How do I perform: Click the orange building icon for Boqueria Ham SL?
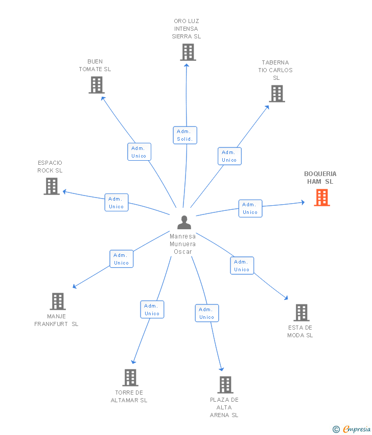[322, 198]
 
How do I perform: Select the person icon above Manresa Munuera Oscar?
[184, 222]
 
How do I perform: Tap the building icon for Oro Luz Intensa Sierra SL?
[188, 52]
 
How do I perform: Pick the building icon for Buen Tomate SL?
[97, 85]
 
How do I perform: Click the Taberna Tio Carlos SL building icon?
[277, 94]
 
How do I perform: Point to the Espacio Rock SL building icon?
[52, 186]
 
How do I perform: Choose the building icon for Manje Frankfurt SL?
[58, 301]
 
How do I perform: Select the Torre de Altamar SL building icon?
[130, 378]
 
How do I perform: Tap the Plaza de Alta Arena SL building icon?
[225, 385]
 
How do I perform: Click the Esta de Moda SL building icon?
[301, 313]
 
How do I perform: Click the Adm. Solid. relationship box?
[185, 135]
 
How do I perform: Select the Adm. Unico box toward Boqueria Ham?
[250, 208]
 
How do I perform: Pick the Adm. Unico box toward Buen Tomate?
[139, 152]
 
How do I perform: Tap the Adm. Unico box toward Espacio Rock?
[117, 203]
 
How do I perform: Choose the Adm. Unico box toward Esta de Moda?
[242, 266]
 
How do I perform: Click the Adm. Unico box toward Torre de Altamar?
[152, 310]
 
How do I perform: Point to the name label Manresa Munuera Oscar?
[183, 244]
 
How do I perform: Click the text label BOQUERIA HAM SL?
[320, 178]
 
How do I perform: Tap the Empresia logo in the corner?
[352, 429]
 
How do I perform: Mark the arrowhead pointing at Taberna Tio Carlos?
[268, 106]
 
